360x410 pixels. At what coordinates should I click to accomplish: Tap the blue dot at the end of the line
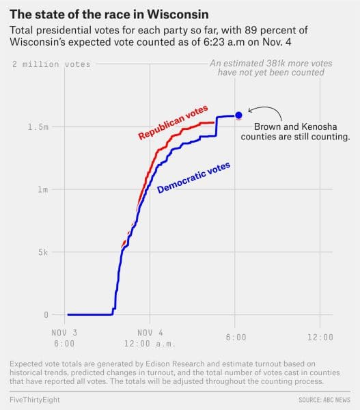pos(238,115)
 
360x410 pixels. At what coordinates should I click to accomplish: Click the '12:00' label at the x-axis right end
pos(320,337)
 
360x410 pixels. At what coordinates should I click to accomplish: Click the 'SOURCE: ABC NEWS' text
pos(324,398)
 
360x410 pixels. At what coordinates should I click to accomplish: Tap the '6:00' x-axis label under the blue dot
pos(235,337)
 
